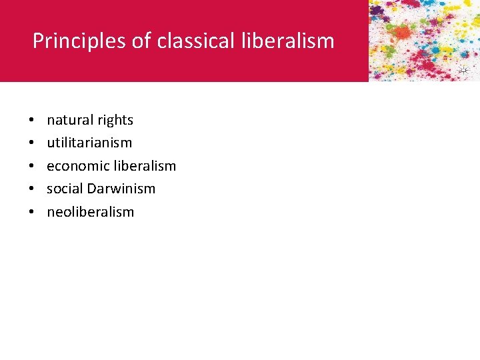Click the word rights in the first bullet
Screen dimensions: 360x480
(115, 121)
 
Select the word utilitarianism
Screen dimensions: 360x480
(89, 143)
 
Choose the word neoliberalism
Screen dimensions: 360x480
(90, 212)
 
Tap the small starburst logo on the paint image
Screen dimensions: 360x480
(463, 71)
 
